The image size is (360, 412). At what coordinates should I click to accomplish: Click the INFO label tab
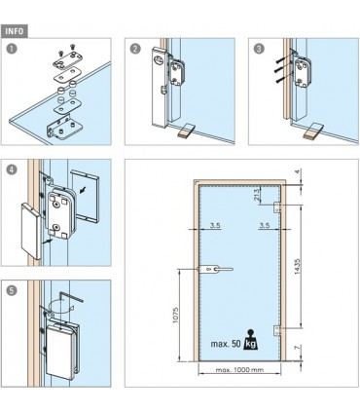click(15, 31)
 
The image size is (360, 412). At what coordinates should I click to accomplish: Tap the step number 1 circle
click(12, 49)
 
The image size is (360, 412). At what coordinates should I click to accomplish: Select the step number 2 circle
click(135, 49)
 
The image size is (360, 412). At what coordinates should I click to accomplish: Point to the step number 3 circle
click(259, 49)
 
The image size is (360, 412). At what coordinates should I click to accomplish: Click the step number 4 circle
click(12, 169)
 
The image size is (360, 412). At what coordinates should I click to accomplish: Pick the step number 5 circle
click(12, 290)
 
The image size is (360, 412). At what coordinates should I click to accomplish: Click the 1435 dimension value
click(297, 267)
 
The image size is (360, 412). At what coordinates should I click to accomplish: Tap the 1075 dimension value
click(175, 315)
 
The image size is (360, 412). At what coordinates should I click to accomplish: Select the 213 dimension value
click(258, 195)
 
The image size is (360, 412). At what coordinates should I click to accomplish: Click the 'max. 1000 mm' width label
click(239, 369)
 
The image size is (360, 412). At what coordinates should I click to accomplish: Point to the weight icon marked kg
click(251, 340)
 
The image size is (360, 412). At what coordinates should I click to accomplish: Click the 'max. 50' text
click(226, 344)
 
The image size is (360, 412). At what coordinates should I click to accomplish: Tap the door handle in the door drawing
click(214, 270)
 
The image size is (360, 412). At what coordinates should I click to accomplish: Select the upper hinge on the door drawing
click(277, 206)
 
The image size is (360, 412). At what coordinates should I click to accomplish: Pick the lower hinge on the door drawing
click(277, 330)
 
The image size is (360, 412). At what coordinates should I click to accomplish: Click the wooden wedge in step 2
click(186, 131)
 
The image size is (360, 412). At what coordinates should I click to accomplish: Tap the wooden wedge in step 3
click(312, 131)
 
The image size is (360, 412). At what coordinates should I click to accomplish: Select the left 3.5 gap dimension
click(215, 225)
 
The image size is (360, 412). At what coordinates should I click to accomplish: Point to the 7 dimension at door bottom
click(297, 349)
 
